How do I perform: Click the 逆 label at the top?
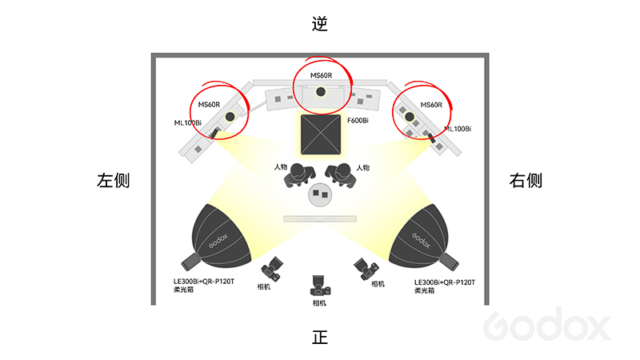[x=320, y=24]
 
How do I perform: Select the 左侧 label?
[x=113, y=181]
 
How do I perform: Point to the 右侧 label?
[x=526, y=181]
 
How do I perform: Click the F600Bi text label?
[x=358, y=121]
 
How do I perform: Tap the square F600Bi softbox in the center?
[x=320, y=134]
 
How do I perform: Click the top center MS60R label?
[x=321, y=76]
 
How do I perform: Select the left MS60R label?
[x=209, y=105]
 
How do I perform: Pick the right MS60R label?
[x=430, y=105]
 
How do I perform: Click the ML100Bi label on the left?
[x=188, y=122]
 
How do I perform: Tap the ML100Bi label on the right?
[x=458, y=128]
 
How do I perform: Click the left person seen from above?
[x=298, y=174]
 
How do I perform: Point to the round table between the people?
[x=320, y=194]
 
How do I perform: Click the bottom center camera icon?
[x=320, y=287]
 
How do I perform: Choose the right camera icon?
[x=366, y=269]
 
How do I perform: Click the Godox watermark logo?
[x=547, y=326]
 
